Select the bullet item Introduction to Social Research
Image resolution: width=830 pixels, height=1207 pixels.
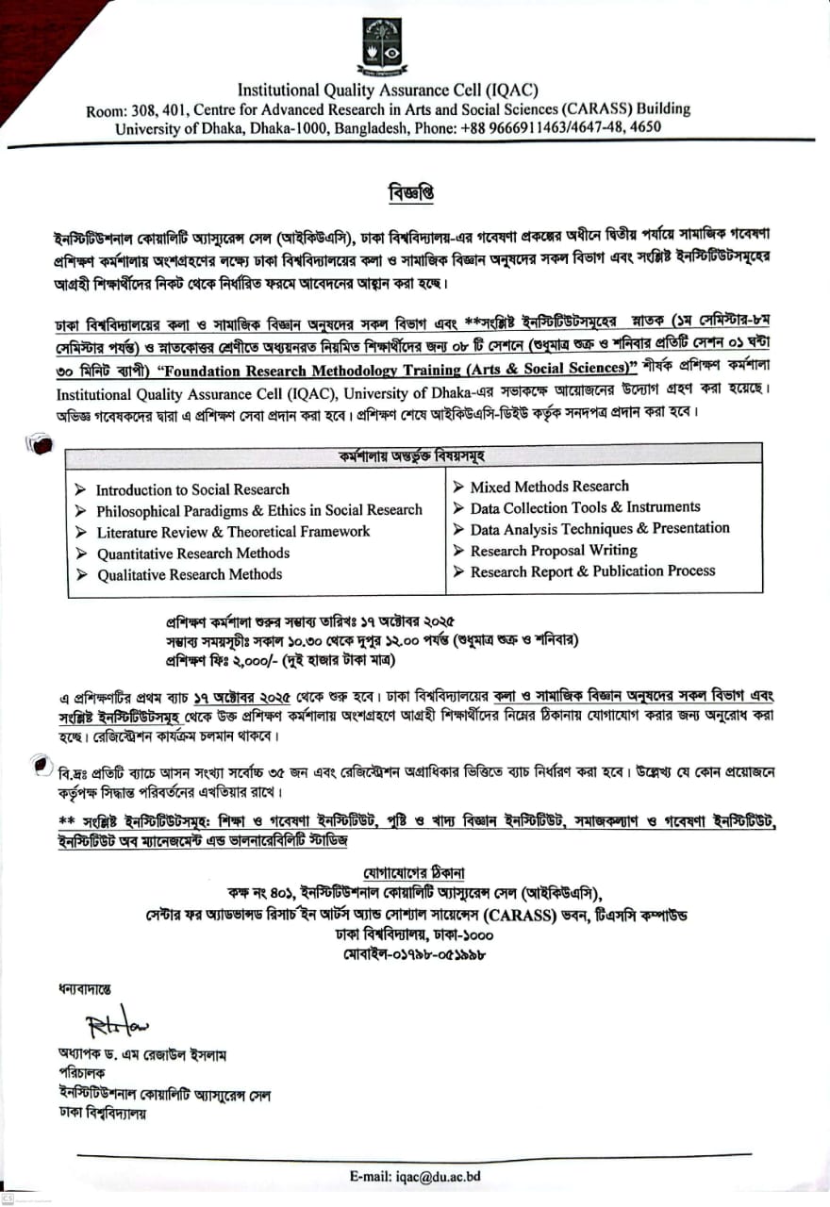[192, 489]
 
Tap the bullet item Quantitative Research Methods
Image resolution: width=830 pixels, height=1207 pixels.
[192, 554]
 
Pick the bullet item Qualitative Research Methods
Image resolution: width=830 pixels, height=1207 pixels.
[190, 574]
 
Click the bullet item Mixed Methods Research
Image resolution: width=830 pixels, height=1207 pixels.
[549, 487]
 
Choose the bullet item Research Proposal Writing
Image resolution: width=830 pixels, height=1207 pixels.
[554, 550]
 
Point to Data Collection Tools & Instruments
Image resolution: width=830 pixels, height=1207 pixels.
[585, 507]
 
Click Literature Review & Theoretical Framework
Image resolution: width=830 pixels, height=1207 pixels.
[233, 532]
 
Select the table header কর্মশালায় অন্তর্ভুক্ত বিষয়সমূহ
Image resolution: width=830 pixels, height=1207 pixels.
[412, 456]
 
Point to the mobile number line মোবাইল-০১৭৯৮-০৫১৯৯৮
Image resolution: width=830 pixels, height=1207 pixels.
[415, 954]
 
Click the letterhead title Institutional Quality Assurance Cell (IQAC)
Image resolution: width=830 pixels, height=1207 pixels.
[388, 91]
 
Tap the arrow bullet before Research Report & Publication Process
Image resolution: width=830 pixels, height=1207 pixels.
[458, 571]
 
